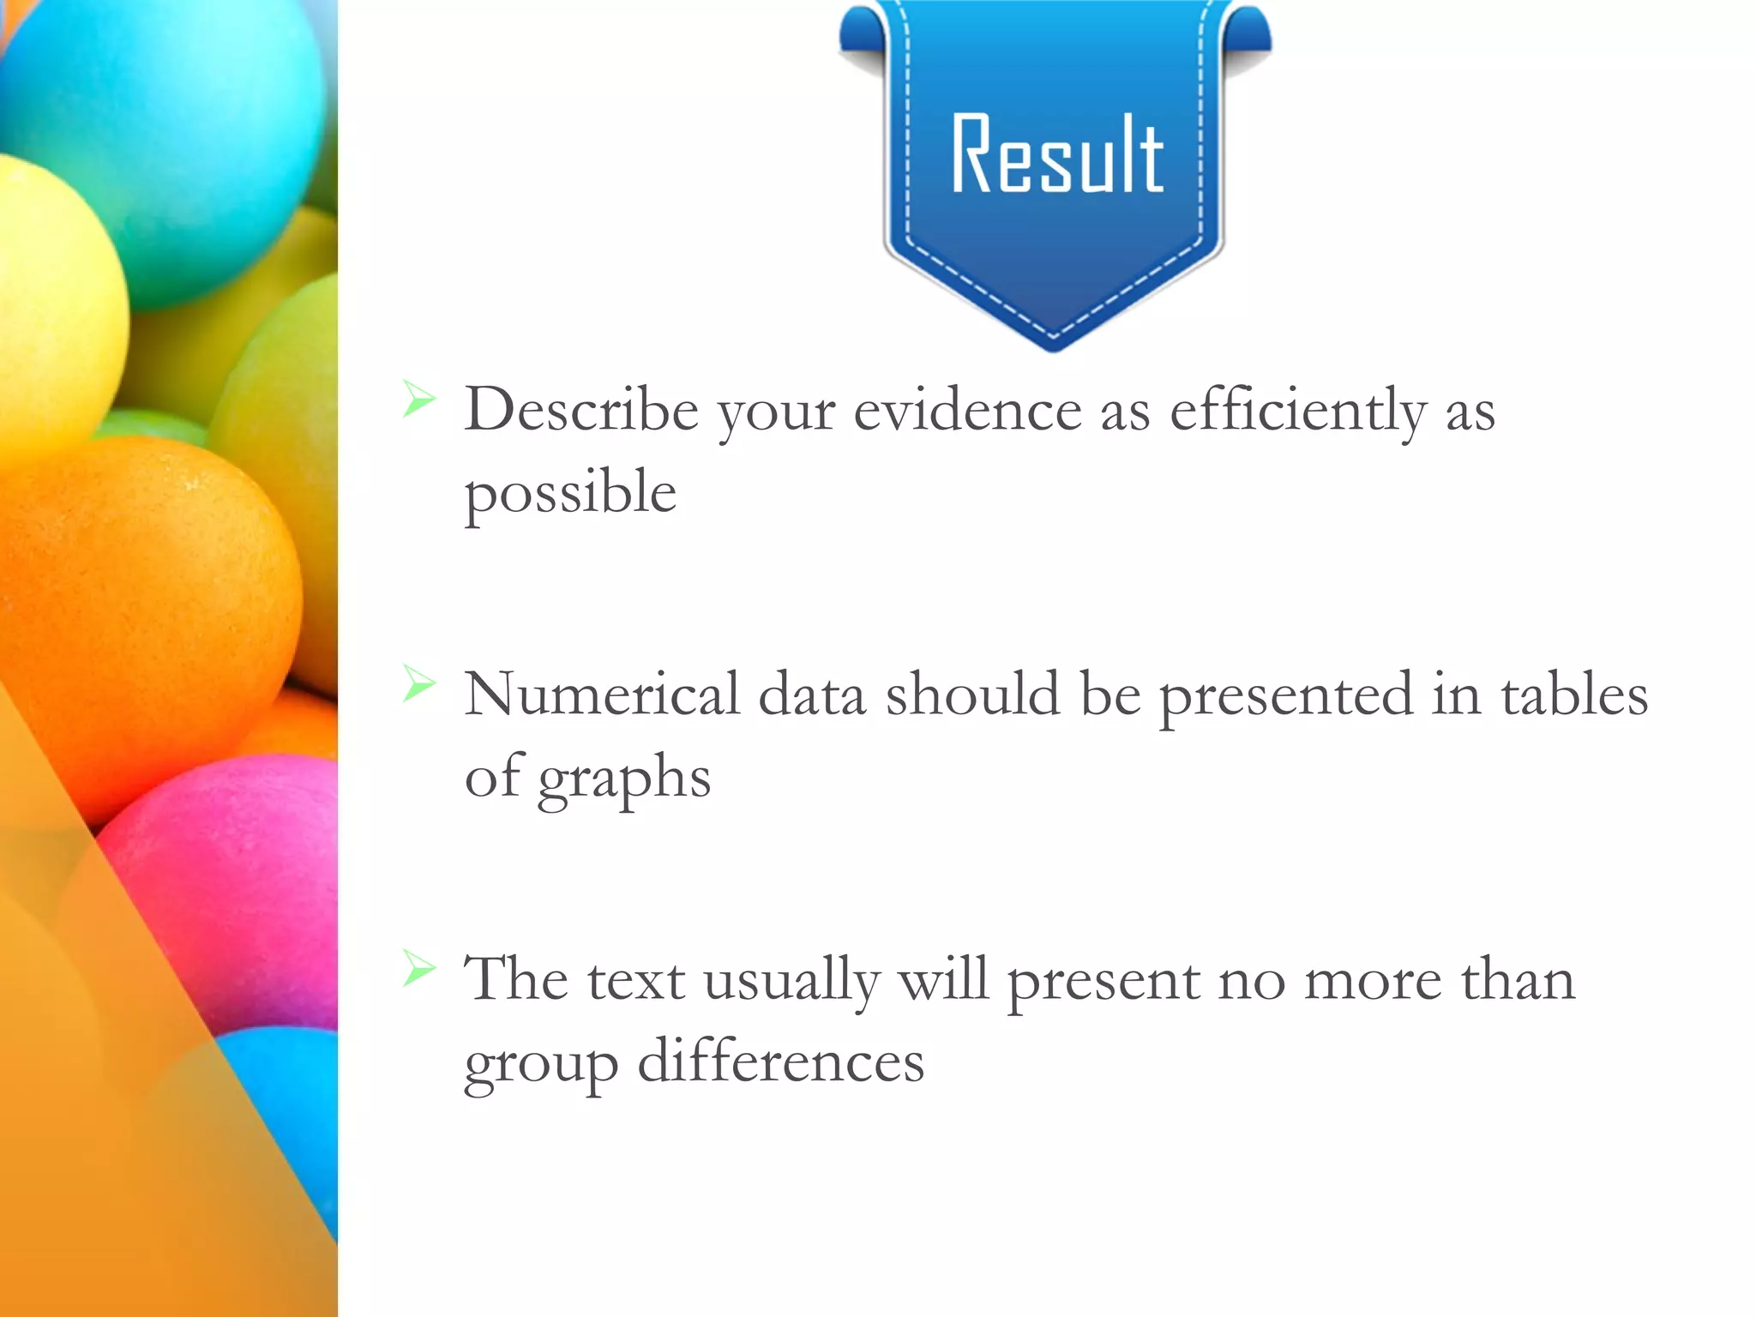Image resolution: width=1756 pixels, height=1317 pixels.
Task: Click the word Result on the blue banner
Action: tap(1056, 155)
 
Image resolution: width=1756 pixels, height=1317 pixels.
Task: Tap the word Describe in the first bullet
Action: tap(580, 410)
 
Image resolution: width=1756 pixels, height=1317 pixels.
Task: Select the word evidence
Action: tap(967, 410)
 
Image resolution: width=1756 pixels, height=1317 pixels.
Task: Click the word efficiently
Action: tap(1297, 410)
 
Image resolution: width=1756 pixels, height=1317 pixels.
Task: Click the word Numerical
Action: tap(601, 694)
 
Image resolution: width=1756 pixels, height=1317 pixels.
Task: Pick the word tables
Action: tap(1573, 694)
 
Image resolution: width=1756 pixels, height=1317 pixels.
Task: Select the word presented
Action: tap(1285, 695)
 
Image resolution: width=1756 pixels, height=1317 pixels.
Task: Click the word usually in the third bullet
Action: tap(791, 980)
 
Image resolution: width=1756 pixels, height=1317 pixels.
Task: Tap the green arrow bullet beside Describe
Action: tap(419, 399)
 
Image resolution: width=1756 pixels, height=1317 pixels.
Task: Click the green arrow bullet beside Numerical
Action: tap(419, 683)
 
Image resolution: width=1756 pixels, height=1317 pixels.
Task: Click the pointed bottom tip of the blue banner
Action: tap(1054, 347)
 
